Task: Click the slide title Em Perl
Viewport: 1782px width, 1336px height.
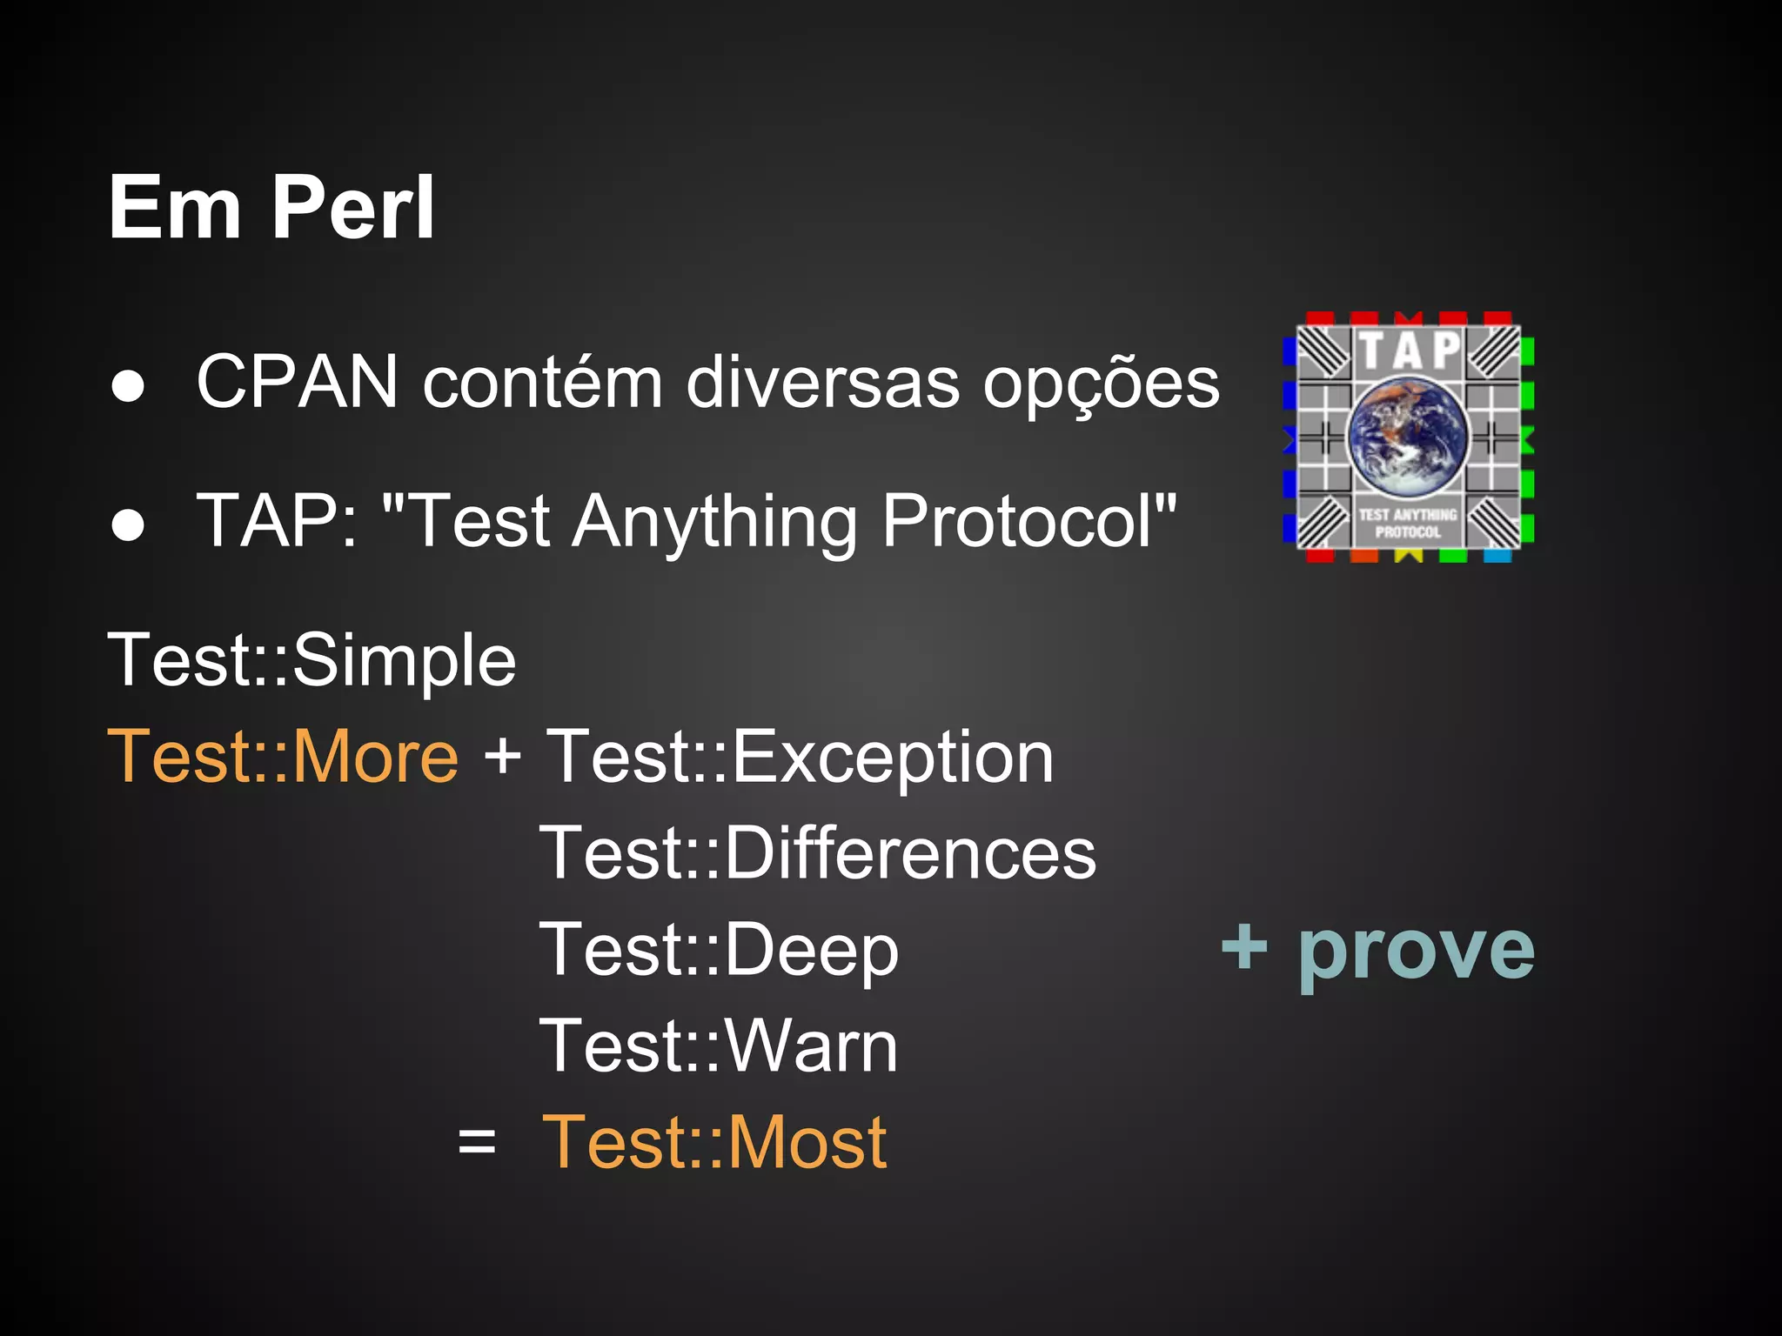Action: [271, 208]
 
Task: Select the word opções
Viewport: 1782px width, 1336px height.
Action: [1101, 383]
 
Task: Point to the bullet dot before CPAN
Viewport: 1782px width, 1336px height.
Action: [128, 386]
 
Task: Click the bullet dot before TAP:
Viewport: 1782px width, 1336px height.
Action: [128, 524]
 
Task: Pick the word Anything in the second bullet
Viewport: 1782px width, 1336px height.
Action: [715, 522]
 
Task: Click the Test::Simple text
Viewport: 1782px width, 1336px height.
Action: [312, 660]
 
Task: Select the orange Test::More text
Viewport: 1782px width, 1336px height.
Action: [283, 757]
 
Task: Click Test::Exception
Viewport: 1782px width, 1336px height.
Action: [799, 757]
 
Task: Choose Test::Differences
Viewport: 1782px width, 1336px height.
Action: [817, 853]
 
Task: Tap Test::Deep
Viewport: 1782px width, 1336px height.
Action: [719, 950]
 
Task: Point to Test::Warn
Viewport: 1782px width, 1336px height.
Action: [718, 1046]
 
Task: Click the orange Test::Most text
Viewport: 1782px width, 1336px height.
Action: [714, 1142]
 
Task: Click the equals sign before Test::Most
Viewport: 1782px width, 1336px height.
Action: [477, 1141]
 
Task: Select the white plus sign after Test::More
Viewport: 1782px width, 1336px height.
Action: [503, 755]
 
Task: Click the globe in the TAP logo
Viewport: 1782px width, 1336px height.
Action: [1408, 438]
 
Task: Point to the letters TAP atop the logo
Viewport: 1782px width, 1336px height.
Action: [1410, 350]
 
